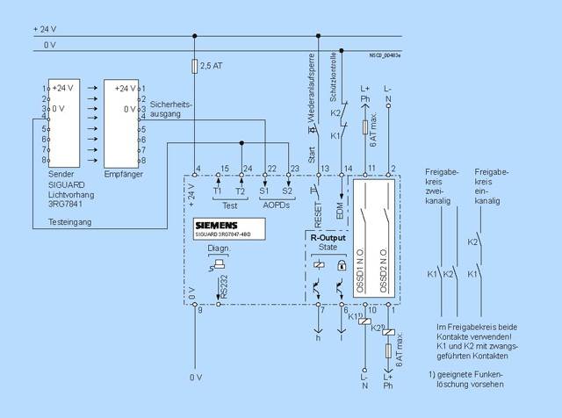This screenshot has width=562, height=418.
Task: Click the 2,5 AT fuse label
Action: [211, 67]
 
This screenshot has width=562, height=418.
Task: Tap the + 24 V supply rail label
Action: [44, 29]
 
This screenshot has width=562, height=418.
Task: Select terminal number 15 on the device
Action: [225, 169]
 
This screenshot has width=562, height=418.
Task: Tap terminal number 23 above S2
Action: [293, 169]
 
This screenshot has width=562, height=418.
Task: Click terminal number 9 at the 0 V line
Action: [200, 310]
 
